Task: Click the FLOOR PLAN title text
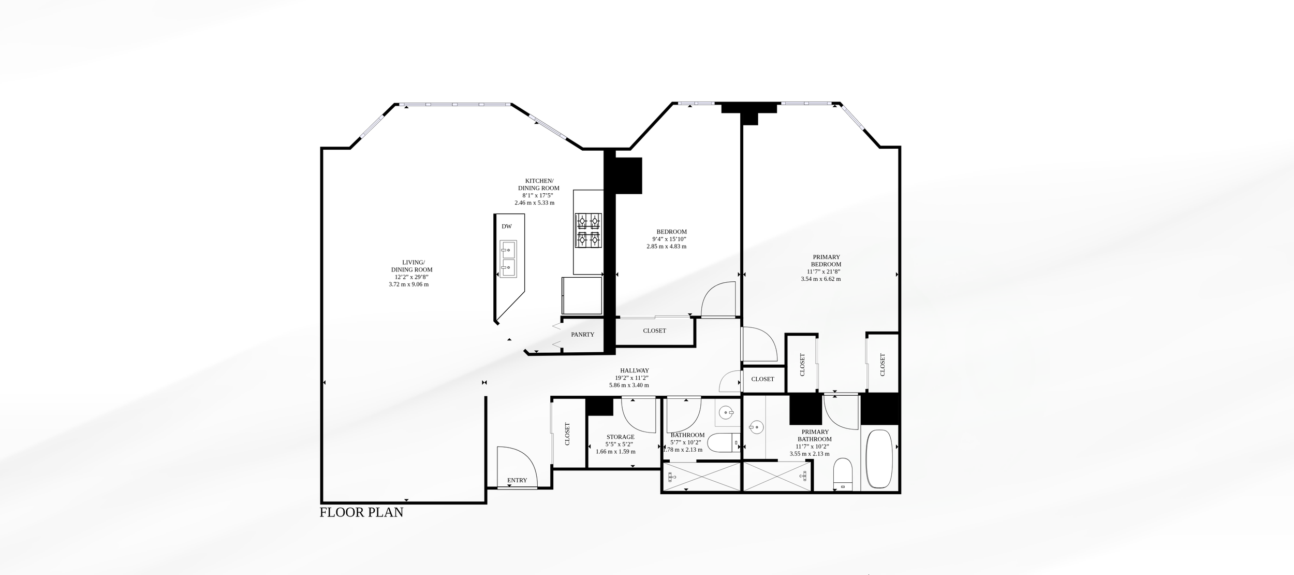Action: (x=361, y=512)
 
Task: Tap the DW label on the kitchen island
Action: (x=507, y=226)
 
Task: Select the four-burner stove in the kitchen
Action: (x=589, y=231)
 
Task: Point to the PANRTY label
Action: (x=583, y=335)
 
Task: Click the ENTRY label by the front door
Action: (x=517, y=480)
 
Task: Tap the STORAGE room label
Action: (x=620, y=437)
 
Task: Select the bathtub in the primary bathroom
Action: (x=879, y=458)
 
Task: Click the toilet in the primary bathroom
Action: (x=843, y=473)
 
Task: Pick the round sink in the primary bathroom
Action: (x=756, y=428)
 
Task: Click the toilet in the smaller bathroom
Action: (x=723, y=443)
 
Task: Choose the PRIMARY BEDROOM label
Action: (x=826, y=261)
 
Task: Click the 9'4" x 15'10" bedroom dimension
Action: (x=669, y=239)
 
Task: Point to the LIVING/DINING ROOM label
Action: (x=413, y=266)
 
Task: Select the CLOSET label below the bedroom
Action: (x=655, y=330)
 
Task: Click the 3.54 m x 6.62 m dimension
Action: (x=821, y=279)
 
